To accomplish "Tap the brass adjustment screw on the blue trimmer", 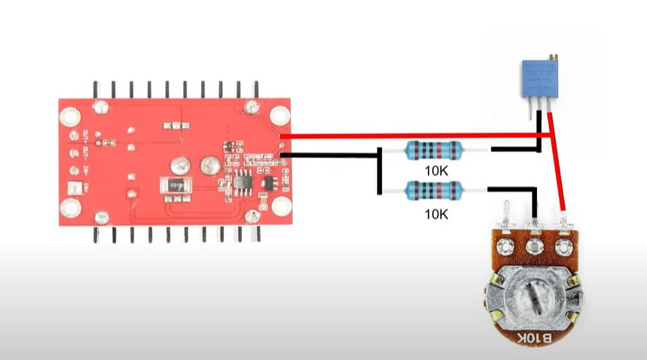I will (554, 58).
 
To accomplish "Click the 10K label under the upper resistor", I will (436, 171).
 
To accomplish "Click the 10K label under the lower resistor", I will (436, 214).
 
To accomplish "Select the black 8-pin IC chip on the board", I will (243, 182).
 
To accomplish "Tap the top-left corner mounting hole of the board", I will (69, 117).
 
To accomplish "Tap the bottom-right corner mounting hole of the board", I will (281, 206).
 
